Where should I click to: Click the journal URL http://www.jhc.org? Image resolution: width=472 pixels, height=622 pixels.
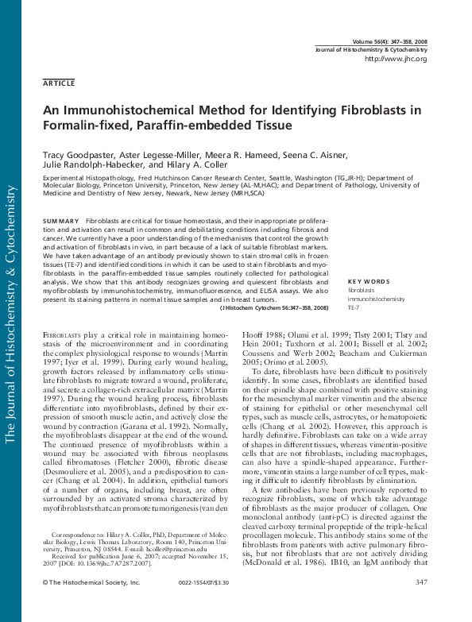395,59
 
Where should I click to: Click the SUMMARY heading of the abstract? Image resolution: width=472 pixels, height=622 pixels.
60,220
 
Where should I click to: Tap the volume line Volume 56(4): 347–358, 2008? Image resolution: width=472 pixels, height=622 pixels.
389,41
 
